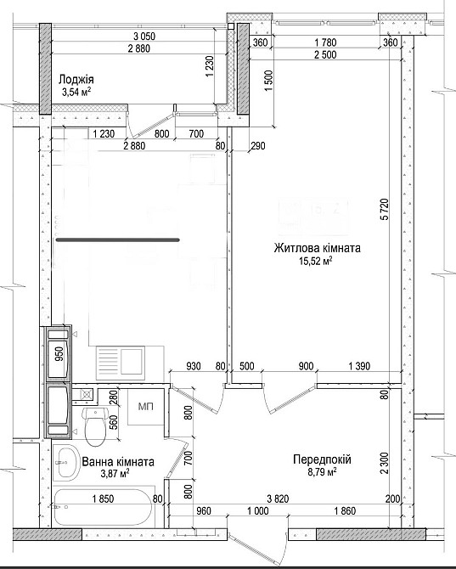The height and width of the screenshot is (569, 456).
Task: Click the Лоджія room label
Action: point(76,79)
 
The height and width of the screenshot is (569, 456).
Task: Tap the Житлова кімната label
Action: point(318,248)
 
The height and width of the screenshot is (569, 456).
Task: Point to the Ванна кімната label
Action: point(118,462)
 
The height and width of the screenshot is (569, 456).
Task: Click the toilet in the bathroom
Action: point(95,426)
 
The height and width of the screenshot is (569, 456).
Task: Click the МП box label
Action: point(146,407)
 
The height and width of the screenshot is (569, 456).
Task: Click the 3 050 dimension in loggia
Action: point(144,37)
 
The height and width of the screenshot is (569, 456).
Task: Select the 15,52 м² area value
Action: point(316,261)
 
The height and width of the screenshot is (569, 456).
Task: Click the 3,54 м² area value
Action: point(76,92)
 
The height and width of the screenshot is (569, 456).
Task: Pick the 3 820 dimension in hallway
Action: point(278,499)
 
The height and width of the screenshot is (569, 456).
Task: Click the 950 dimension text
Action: point(59,354)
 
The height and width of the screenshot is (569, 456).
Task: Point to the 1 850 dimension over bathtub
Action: point(103,499)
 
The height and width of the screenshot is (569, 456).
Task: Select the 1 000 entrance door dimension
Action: point(258,511)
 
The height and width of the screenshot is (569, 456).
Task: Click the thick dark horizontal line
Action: point(118,239)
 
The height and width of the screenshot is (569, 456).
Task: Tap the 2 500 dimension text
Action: point(325,55)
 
